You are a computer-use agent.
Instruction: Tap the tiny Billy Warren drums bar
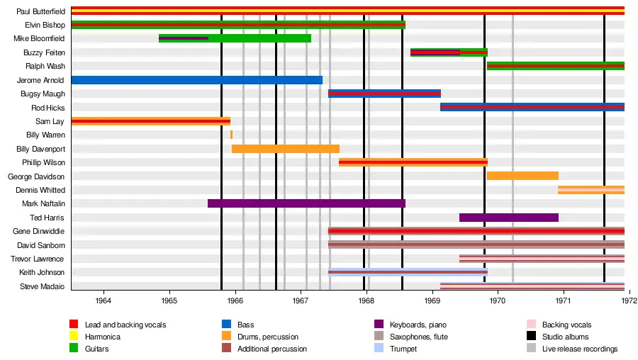tap(231, 135)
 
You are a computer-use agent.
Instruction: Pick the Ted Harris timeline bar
tap(508, 218)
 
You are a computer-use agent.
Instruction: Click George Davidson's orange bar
tap(522, 176)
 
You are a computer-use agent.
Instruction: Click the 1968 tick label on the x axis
tap(366, 300)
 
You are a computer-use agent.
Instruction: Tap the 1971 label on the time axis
tap(564, 300)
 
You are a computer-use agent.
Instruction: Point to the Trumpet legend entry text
tap(403, 349)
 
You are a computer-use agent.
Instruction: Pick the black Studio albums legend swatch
tap(531, 337)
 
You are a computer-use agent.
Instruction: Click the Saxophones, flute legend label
tap(419, 337)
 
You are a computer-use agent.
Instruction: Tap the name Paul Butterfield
tap(40, 11)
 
